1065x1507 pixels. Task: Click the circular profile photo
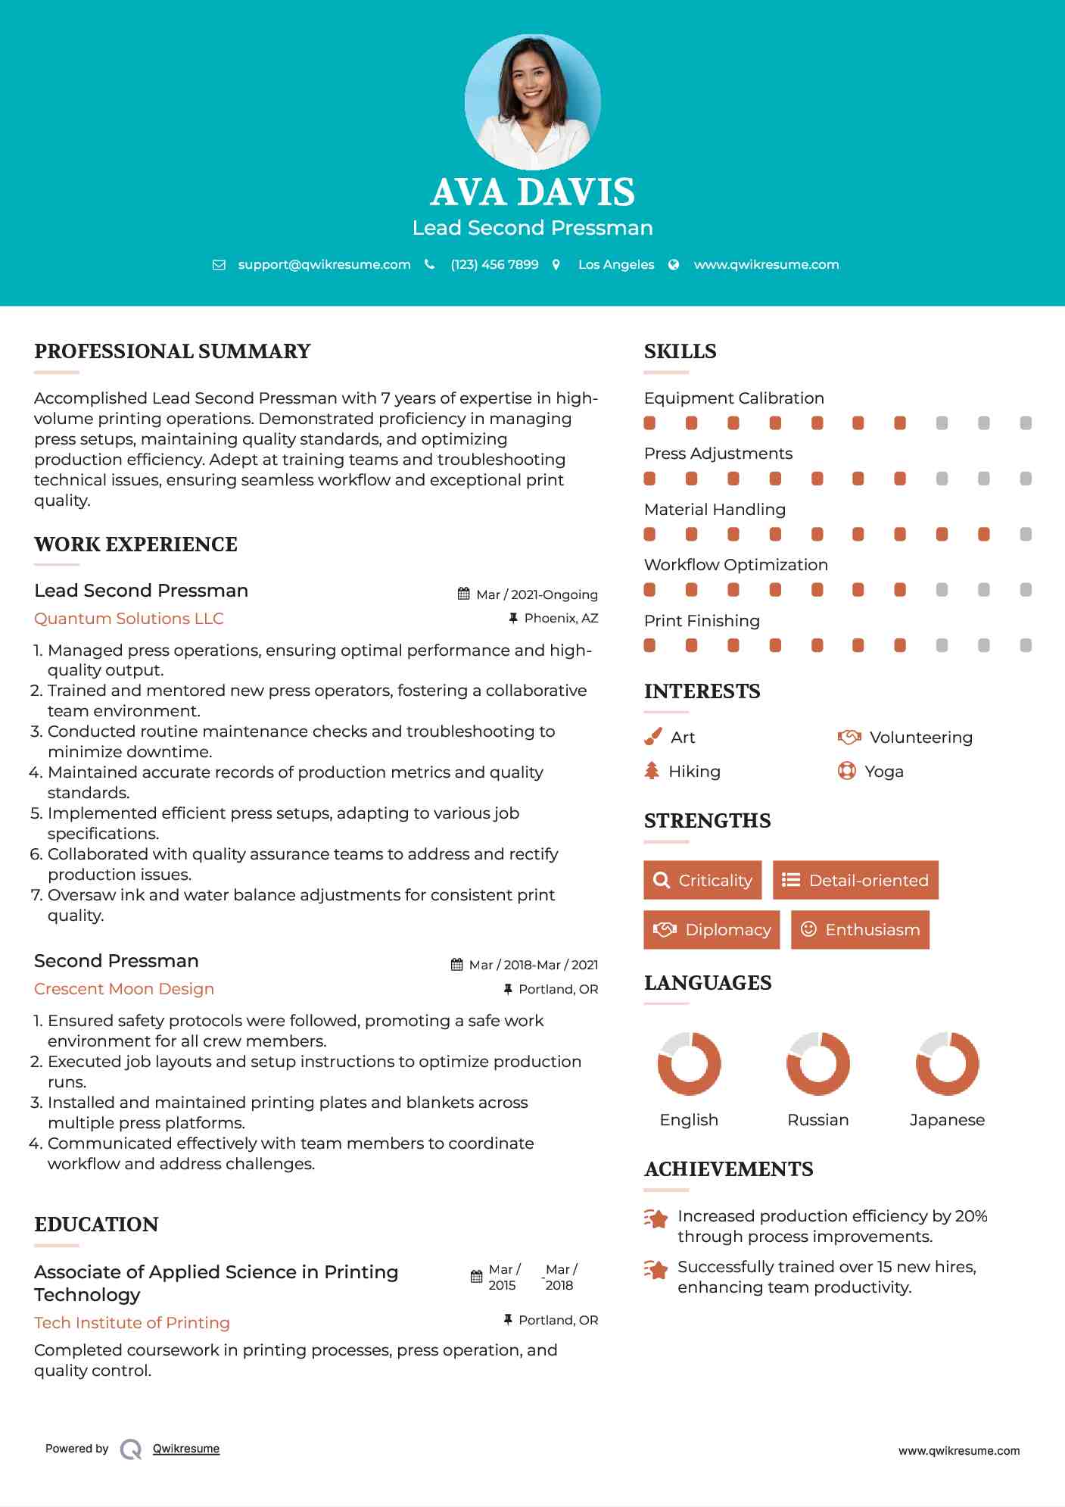532,101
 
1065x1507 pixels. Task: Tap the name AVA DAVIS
532,192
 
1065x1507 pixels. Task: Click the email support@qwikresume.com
324,264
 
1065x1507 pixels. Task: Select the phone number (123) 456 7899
494,264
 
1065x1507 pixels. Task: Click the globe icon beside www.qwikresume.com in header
674,264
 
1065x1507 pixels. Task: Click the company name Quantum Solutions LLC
129,619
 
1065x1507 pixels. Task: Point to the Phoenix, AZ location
561,618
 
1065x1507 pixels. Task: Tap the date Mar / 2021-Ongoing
537,594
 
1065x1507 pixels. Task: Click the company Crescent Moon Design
124,989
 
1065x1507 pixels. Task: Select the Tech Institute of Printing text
132,1323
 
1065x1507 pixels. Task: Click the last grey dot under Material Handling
1026,535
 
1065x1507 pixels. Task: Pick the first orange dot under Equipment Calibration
649,423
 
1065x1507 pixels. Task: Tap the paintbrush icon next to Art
652,737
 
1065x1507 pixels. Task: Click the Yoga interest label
883,772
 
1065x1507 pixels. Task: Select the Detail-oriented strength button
855,880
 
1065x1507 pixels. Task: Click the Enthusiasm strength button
860,929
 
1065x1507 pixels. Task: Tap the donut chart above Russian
817,1063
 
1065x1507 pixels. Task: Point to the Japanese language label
947,1120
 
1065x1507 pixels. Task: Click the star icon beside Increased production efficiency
656,1218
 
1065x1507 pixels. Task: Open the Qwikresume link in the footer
186,1449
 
